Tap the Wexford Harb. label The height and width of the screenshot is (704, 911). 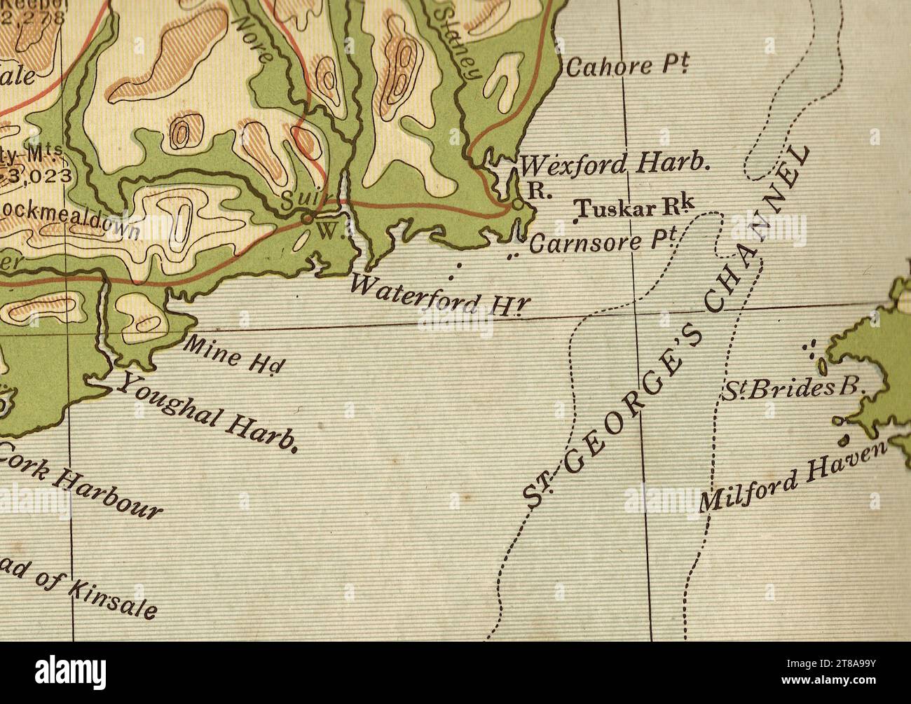616,165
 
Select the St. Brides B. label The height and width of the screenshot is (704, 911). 795,389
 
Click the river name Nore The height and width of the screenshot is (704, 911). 254,40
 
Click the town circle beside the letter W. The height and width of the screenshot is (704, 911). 307,219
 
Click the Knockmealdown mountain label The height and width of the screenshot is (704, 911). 70,219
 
